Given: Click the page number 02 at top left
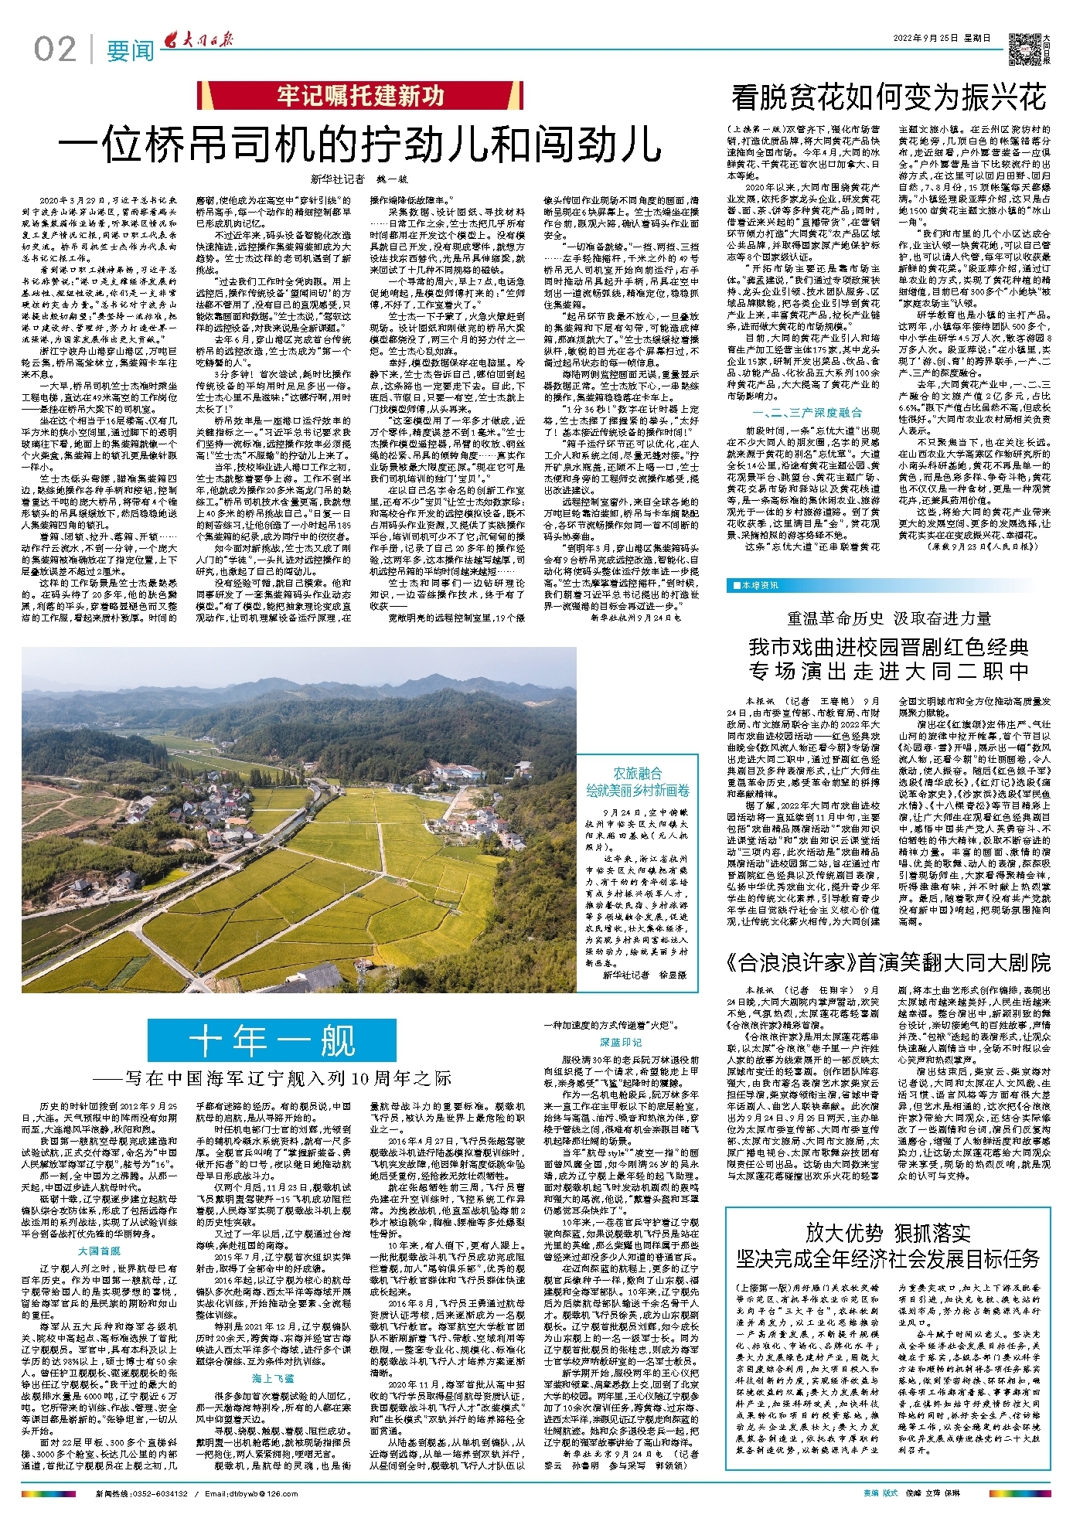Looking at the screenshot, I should [x=55, y=49].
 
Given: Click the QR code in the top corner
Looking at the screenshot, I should [x=1024, y=48].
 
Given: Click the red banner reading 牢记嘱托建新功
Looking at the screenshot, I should [x=360, y=96].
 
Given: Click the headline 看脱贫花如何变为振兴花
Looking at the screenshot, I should [x=888, y=97].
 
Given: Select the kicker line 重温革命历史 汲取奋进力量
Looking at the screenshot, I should [x=888, y=618].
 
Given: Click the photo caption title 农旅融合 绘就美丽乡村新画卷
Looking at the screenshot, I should [x=638, y=781].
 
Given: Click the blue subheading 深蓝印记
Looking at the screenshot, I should [x=621, y=1043].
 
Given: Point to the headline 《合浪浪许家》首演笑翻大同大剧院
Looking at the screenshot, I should [x=888, y=962].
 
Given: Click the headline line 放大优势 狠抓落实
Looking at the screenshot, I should [x=888, y=1232].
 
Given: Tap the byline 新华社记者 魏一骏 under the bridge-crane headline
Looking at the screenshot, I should [x=359, y=179].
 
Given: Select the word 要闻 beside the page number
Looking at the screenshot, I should [x=130, y=51].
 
